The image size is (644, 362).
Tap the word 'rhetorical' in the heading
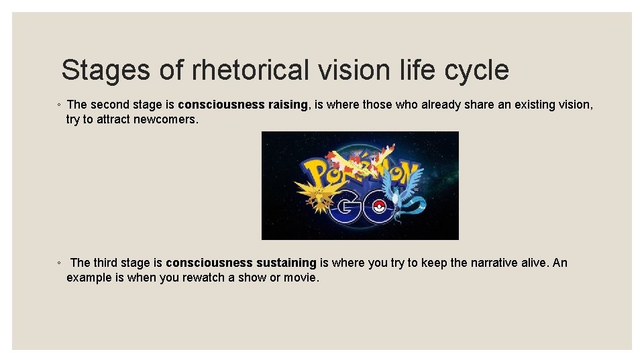coord(250,70)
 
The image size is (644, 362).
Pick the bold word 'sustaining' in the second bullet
coord(286,263)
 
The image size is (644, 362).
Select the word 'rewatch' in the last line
coord(205,278)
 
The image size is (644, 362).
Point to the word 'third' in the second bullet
coord(107,263)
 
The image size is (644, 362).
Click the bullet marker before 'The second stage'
coord(59,105)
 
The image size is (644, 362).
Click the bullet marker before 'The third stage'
coord(59,263)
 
